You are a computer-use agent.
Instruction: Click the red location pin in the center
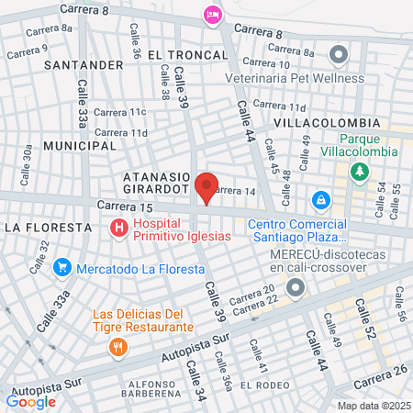[x=206, y=187]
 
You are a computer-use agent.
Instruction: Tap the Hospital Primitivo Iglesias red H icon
[x=117, y=228]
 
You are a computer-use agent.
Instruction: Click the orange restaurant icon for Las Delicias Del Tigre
[x=117, y=347]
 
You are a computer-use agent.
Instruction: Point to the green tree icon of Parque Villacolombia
[x=361, y=171]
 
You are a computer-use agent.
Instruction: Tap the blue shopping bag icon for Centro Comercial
[x=320, y=198]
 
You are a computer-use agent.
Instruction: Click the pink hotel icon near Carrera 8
[x=213, y=15]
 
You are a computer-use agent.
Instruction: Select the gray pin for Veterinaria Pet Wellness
[x=339, y=55]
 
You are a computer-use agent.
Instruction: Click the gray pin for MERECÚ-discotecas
[x=296, y=289]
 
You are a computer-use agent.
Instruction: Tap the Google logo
[x=30, y=401]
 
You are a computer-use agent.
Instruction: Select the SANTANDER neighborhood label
[x=83, y=65]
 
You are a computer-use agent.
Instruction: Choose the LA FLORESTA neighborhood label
[x=48, y=226]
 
